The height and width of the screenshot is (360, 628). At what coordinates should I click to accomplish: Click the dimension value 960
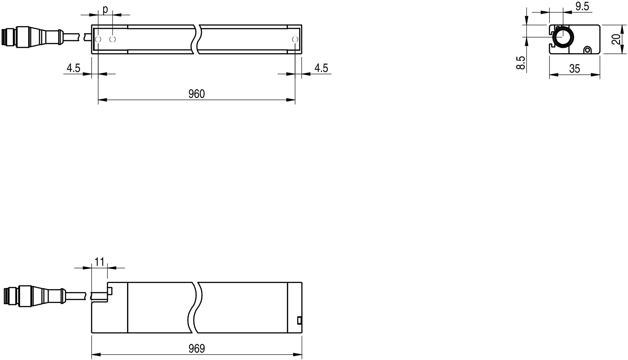click(x=197, y=94)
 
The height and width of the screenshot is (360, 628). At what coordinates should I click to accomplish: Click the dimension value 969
click(x=197, y=348)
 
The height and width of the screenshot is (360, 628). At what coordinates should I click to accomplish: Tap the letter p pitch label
click(x=105, y=10)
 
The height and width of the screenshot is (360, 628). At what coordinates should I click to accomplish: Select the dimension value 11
click(x=99, y=262)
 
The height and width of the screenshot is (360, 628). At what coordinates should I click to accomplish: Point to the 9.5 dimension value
click(x=582, y=6)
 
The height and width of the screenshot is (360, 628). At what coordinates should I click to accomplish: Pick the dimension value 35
click(x=574, y=69)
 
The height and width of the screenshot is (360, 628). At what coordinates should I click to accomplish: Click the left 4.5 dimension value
click(x=74, y=68)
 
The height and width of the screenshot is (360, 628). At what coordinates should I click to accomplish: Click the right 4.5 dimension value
click(x=321, y=68)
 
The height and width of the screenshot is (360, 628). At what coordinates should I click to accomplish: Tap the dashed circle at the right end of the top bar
click(x=295, y=39)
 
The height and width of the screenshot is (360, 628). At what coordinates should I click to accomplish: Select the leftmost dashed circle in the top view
click(x=98, y=39)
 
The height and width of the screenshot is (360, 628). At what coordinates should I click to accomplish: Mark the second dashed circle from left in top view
click(x=113, y=39)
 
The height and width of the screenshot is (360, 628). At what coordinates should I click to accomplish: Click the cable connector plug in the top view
click(x=31, y=37)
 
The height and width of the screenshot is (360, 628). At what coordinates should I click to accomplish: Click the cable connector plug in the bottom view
click(x=34, y=296)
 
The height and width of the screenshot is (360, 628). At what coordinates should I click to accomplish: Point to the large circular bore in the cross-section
click(x=563, y=37)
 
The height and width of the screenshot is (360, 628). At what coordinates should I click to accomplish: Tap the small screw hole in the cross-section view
click(x=588, y=50)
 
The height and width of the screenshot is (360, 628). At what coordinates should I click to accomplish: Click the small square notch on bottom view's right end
click(x=299, y=320)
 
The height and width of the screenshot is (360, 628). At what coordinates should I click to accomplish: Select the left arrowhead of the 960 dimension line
click(x=103, y=100)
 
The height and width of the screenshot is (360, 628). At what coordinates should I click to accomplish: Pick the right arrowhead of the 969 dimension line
click(x=297, y=355)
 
